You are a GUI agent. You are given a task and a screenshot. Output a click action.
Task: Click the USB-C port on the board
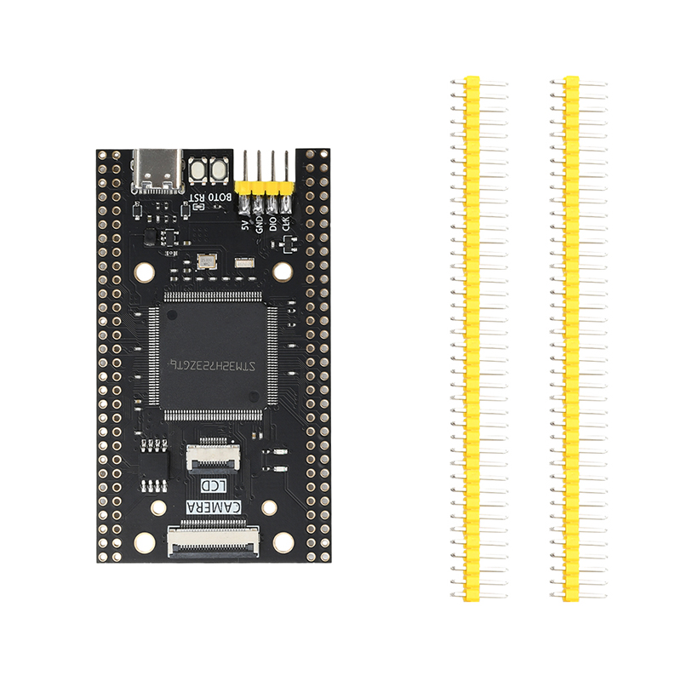point(159,169)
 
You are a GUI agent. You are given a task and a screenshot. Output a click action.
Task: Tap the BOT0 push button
point(218,169)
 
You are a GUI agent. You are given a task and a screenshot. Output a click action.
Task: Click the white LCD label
point(212,485)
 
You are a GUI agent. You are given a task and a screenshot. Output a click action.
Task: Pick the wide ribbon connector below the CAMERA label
point(213,541)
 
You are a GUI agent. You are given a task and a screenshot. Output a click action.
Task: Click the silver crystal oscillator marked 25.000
point(207,261)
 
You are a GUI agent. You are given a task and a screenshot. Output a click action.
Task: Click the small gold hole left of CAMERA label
point(158,508)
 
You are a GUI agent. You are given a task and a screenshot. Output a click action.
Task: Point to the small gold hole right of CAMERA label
point(269,508)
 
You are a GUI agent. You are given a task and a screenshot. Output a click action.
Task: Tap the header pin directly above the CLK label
point(285,170)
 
